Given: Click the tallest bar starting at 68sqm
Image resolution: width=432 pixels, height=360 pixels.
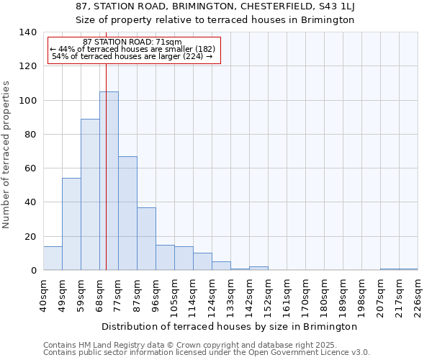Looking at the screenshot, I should (109, 181).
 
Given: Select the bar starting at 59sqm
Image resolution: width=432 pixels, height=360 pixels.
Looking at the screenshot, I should (90, 194).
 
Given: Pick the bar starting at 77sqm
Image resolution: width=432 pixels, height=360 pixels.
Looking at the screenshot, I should (127, 213).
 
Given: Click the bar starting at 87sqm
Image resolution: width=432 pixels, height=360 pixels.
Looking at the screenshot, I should (146, 238).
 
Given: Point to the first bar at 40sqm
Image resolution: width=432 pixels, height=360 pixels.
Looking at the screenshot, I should (53, 258).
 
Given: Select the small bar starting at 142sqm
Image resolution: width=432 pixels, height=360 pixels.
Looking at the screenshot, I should (258, 269).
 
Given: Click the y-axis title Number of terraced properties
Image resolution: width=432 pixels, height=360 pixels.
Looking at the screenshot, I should (7, 155).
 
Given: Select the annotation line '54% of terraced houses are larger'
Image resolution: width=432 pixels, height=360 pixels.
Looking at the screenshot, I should (132, 57).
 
